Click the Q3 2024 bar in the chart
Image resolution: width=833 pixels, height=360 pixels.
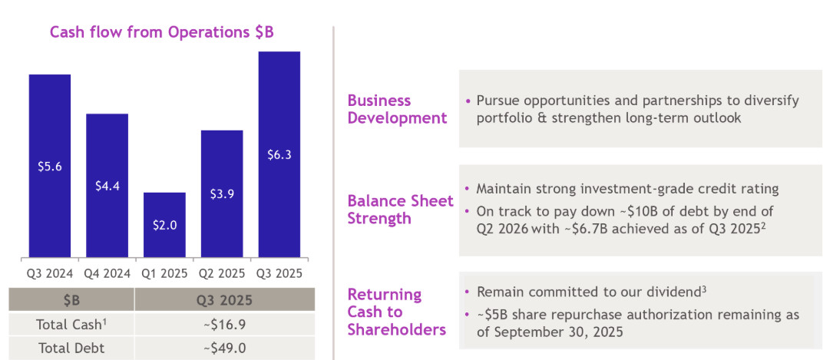[50, 165]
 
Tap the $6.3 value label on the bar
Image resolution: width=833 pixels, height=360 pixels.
[279, 154]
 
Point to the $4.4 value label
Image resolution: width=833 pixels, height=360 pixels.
[107, 186]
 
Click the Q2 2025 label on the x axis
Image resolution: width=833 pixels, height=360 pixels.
[222, 272]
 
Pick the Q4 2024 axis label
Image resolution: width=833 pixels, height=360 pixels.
[107, 272]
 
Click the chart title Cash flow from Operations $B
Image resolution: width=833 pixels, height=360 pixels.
[161, 32]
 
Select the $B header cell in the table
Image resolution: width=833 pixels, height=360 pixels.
[74, 300]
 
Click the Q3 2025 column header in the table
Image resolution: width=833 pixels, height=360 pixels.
[224, 300]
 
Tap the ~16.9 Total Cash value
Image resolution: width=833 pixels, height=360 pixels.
[224, 324]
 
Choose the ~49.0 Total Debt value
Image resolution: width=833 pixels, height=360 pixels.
[224, 348]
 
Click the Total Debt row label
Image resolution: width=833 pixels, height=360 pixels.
[74, 348]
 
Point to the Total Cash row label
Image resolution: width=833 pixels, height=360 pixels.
[74, 324]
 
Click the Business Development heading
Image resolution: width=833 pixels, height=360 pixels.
[397, 109]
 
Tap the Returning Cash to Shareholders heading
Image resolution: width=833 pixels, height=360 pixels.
[396, 312]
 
